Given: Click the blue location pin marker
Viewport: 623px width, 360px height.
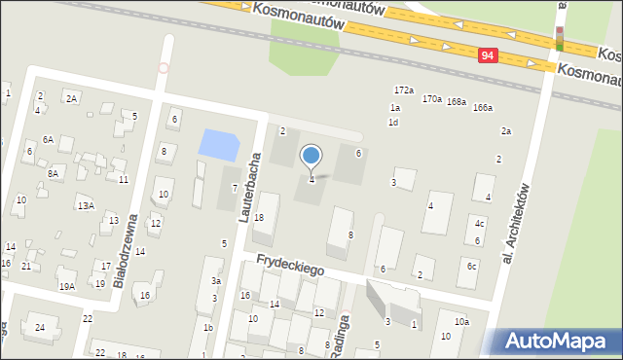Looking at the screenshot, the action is point(311,156).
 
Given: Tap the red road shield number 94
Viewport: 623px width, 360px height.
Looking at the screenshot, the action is point(489,57).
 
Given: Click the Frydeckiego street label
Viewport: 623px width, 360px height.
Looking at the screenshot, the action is point(290,265).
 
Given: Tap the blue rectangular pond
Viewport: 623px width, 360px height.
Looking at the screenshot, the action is point(218,146).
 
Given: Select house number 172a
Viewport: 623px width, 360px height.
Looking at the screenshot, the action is point(403,90).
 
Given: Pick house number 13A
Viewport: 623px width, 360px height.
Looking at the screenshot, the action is point(86,206).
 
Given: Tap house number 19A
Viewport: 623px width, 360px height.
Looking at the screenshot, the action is point(66,286).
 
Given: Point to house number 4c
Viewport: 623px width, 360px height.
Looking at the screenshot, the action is point(479,224).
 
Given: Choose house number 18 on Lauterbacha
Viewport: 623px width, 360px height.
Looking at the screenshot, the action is point(259,217).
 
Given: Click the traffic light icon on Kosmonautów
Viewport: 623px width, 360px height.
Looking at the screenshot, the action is point(559,38).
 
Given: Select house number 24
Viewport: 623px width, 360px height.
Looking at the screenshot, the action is point(40,327).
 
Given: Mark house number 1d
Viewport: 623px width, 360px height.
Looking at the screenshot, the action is point(393,123).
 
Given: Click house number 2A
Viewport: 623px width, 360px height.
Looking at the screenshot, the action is point(71,98).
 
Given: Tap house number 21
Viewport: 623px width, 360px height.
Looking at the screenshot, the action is point(26,266).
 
